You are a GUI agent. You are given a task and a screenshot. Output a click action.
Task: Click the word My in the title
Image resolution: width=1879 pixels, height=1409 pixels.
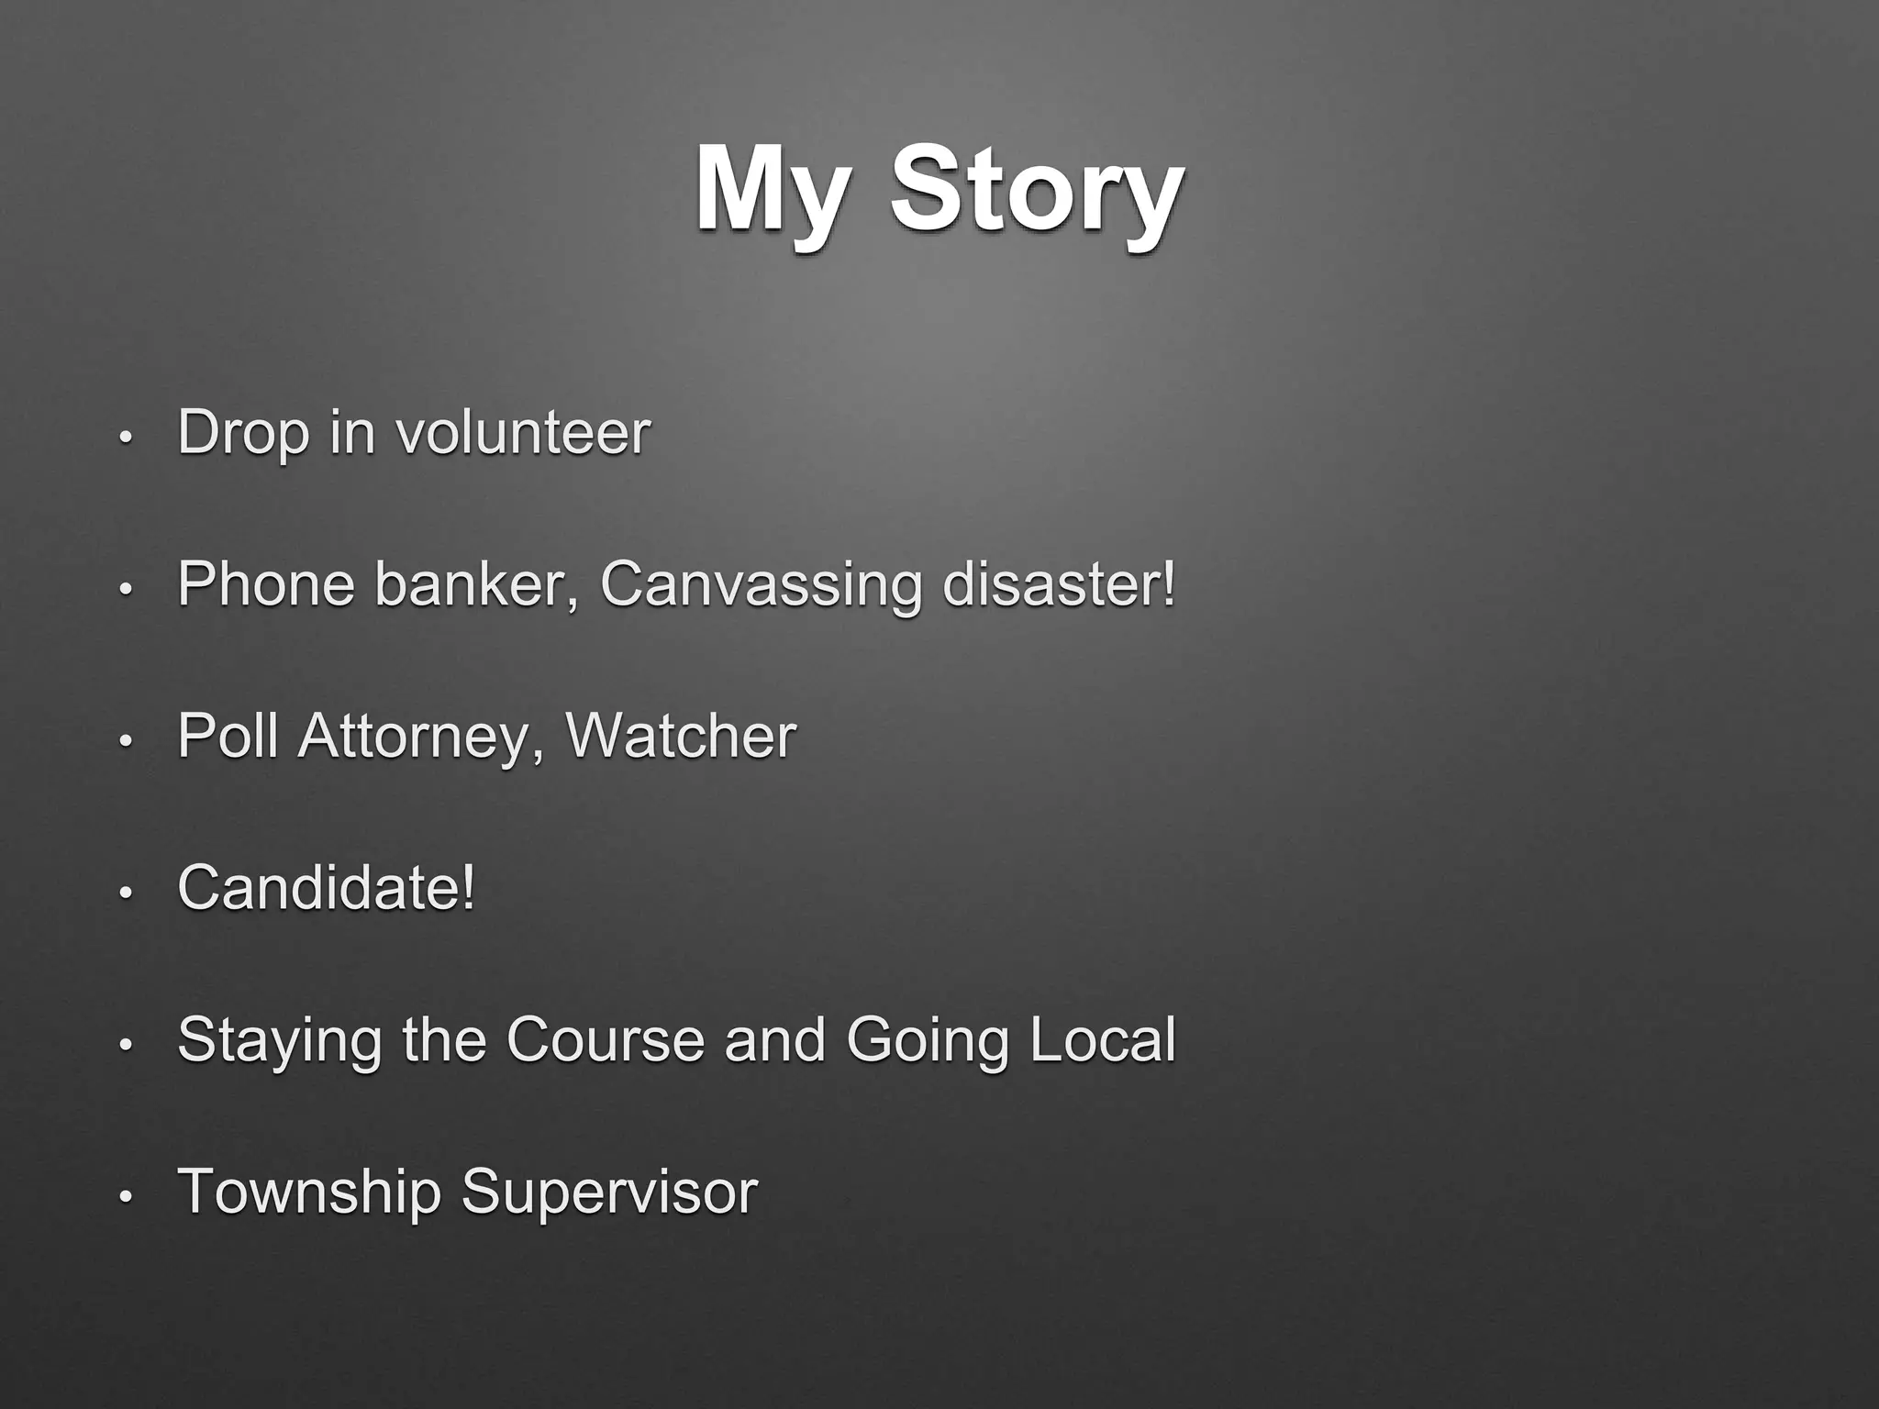pos(769,192)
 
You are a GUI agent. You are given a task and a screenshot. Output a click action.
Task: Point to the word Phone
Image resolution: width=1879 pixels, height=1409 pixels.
pos(266,583)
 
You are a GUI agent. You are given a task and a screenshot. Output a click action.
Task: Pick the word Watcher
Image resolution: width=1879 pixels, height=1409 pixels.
pos(681,736)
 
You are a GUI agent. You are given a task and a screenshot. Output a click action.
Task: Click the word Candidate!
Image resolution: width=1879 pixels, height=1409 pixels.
pos(327,888)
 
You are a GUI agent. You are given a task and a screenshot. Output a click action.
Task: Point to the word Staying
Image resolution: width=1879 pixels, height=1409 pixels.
pos(279,1040)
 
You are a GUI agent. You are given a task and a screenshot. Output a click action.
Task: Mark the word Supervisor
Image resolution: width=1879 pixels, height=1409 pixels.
pos(609,1193)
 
